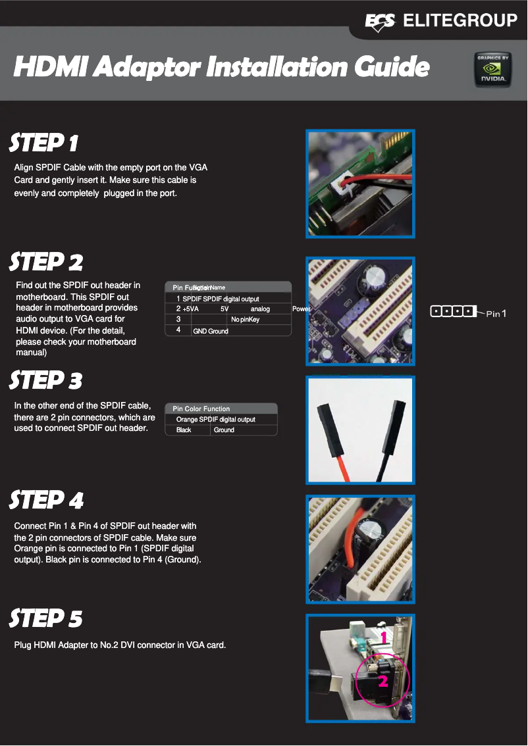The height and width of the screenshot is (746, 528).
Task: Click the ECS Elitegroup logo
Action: click(440, 21)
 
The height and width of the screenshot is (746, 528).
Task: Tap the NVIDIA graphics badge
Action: click(492, 68)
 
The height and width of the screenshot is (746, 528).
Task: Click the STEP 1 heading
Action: click(44, 143)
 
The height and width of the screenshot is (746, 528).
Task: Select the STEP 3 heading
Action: click(46, 381)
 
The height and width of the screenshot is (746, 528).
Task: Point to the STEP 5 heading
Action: click(46, 619)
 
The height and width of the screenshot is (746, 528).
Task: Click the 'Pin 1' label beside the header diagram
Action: click(496, 313)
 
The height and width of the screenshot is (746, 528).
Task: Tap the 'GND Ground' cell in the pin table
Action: click(210, 331)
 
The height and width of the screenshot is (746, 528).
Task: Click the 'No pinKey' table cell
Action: click(245, 320)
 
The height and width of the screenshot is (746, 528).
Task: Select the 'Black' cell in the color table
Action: click(184, 430)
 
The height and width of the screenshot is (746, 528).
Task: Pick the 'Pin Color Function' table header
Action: click(201, 409)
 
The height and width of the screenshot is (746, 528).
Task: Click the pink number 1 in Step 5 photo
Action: click(383, 637)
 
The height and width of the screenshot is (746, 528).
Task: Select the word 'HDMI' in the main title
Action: click(50, 67)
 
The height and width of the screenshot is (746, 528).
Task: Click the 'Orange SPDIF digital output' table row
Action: click(215, 420)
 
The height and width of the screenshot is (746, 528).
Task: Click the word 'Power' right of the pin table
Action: click(301, 309)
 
